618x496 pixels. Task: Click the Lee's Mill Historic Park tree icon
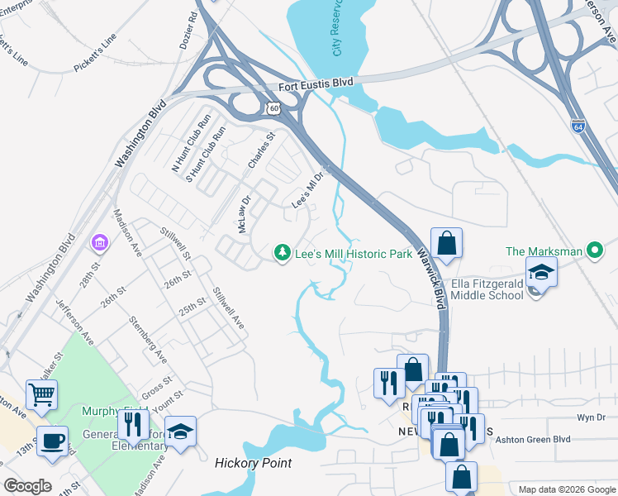[x=283, y=251]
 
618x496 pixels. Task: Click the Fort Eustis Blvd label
[x=316, y=83]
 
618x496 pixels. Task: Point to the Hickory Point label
[x=253, y=463]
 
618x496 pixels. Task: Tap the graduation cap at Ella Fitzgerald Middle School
[x=541, y=271]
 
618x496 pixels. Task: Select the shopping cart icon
[x=41, y=393]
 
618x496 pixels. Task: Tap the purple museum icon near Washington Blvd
[x=100, y=244]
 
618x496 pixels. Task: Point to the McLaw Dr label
[x=245, y=214]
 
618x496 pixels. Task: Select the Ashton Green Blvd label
[x=533, y=441]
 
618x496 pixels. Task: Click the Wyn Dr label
[x=591, y=418]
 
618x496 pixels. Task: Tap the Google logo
[x=27, y=486]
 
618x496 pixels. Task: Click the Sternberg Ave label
[x=147, y=339]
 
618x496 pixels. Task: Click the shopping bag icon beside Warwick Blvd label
[x=446, y=243]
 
